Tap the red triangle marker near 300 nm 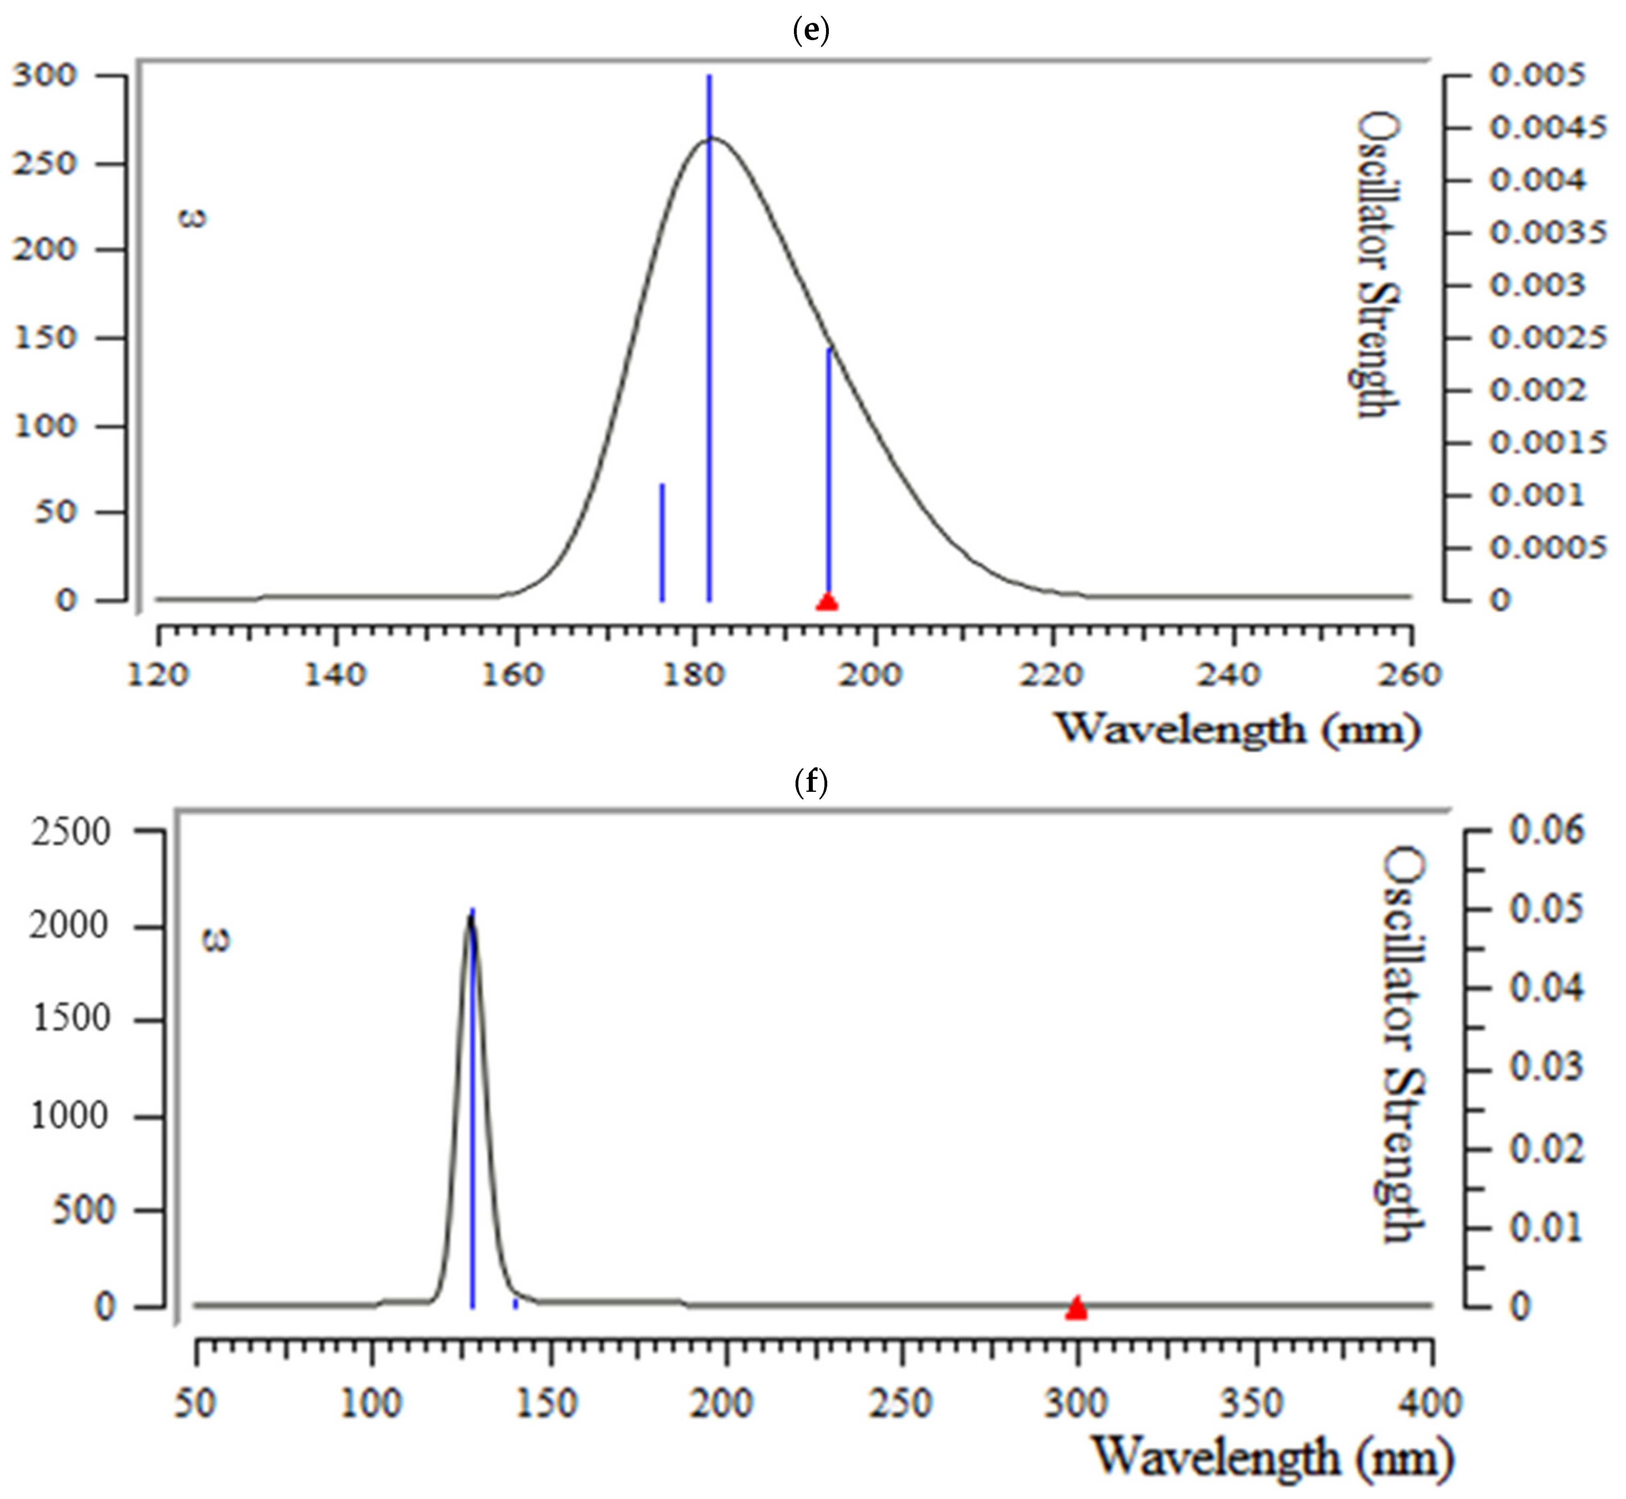click(x=1076, y=1308)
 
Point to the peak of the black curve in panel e click(x=712, y=139)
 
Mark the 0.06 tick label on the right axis click(x=1546, y=831)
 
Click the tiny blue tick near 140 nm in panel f click(x=515, y=1304)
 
